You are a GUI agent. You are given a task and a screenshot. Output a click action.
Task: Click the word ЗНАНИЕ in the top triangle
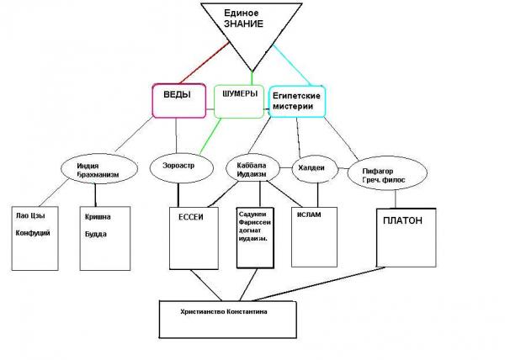pyautogui.click(x=244, y=24)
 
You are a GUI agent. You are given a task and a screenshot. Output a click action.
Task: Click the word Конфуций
pyautogui.click(x=33, y=233)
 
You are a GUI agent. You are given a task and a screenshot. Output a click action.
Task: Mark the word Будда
pyautogui.click(x=96, y=234)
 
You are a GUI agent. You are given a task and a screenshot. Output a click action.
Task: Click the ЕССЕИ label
pyautogui.click(x=191, y=217)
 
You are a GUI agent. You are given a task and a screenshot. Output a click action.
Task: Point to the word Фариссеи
pyautogui.click(x=255, y=222)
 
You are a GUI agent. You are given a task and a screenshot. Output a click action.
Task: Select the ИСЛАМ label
pyautogui.click(x=309, y=214)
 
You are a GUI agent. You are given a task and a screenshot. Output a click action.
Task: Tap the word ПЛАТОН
pyautogui.click(x=402, y=220)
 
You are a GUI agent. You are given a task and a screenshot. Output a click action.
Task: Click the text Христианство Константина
pyautogui.click(x=224, y=311)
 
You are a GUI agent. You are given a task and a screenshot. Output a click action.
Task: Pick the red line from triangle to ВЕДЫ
pyautogui.click(x=205, y=63)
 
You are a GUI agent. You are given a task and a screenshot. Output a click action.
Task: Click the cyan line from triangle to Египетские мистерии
pyautogui.click(x=292, y=66)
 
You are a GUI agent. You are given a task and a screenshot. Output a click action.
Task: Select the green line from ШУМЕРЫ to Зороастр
pyautogui.click(x=210, y=136)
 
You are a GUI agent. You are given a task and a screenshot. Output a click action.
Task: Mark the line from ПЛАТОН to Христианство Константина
pyautogui.click(x=317, y=284)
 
